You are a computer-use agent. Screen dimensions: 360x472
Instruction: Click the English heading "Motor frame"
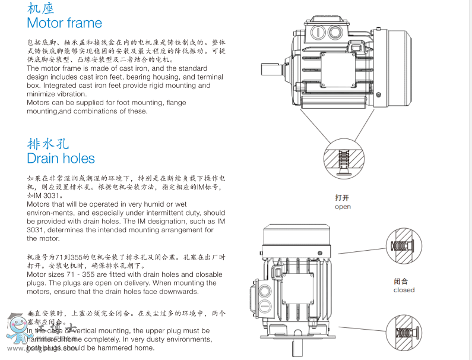(64, 23)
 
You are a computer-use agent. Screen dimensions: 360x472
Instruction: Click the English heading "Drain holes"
(61, 159)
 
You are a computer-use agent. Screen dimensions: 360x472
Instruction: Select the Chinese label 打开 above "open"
(342, 198)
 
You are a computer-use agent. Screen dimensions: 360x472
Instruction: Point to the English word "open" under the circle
(343, 207)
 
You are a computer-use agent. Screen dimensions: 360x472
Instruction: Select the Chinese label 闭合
(401, 281)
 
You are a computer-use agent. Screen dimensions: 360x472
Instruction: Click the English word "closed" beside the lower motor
(404, 290)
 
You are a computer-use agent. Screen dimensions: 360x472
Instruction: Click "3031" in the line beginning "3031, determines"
(36, 230)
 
